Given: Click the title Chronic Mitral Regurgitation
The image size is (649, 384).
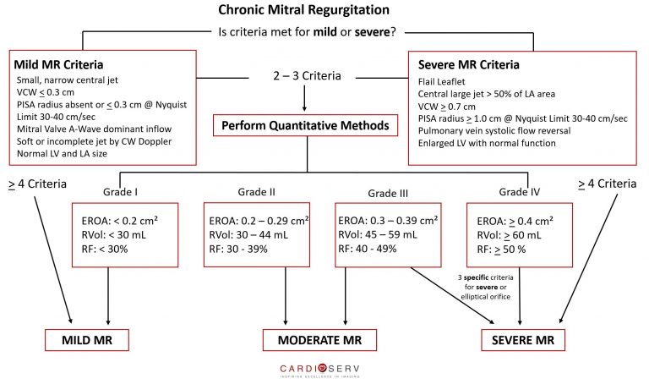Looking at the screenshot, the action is point(304,10).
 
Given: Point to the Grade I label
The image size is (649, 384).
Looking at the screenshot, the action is point(121,192).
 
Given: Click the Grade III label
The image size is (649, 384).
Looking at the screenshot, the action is point(388,193).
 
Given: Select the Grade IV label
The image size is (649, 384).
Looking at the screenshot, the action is point(520,192).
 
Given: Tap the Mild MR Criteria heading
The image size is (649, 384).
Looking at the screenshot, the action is point(58,64).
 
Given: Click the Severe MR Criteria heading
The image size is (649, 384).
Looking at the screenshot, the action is point(468,64).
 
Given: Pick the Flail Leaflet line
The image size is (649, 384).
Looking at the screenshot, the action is point(442,81).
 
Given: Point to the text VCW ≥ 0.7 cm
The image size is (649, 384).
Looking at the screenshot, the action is point(446,107).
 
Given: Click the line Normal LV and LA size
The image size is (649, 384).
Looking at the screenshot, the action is point(62,154).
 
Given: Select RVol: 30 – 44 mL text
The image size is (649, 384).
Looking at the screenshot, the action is point(248,235).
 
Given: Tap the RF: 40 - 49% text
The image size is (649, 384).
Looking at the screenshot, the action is point(368,249).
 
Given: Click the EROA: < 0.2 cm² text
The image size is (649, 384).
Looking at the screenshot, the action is point(120,221).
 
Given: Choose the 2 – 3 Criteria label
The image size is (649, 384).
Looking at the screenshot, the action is point(307,76).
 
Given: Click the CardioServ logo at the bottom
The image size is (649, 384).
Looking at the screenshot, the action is point(320,370).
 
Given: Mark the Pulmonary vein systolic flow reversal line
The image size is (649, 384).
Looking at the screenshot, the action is point(494,131).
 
